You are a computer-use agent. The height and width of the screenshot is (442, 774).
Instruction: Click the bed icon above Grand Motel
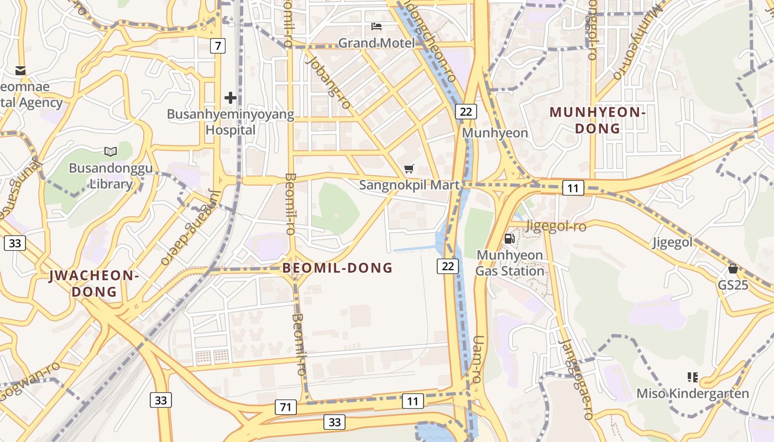(x=376, y=26)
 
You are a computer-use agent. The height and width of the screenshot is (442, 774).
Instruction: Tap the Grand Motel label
(x=376, y=43)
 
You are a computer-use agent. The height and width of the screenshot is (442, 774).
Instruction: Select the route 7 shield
(x=218, y=46)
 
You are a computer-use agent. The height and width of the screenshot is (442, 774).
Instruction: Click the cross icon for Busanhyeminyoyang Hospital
(x=231, y=98)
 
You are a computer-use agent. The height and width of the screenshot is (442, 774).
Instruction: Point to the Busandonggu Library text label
(x=111, y=176)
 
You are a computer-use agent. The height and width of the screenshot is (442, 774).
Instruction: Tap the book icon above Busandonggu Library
(x=111, y=151)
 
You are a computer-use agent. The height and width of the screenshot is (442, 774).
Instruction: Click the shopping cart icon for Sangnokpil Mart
(x=409, y=169)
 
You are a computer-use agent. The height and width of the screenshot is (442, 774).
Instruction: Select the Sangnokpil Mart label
(x=409, y=185)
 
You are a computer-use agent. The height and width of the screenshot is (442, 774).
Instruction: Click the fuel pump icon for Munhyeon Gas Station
(x=510, y=239)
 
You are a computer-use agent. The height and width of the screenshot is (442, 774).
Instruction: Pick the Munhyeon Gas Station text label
(x=510, y=263)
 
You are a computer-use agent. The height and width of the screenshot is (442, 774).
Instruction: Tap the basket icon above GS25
(x=733, y=269)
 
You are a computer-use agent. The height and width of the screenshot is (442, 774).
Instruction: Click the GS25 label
(x=733, y=285)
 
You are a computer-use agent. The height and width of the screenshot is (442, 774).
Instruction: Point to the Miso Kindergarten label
(x=693, y=393)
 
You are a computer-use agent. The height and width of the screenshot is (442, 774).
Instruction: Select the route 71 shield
(x=285, y=408)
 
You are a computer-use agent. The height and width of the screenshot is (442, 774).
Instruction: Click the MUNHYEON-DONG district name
(x=598, y=120)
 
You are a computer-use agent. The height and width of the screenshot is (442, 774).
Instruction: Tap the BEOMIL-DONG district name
(x=337, y=269)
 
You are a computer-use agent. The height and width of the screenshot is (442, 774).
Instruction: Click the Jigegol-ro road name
(x=556, y=225)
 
